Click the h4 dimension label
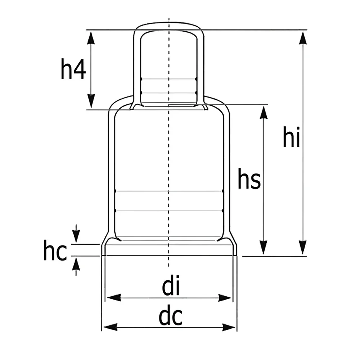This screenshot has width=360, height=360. (73, 69)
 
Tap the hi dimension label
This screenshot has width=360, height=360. (291, 137)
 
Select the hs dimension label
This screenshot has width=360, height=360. (249, 179)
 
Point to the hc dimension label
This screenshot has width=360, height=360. (55, 250)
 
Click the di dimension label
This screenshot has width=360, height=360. (171, 285)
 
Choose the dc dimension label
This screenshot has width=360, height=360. (171, 315)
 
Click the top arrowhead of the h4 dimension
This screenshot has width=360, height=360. (91, 38)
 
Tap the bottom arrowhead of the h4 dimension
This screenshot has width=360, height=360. (91, 101)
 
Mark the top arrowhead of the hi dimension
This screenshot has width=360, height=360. (303, 38)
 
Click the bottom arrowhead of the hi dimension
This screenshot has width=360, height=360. (303, 247)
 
